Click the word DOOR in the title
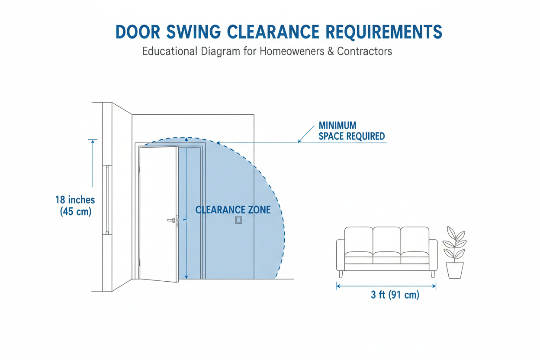tap(138, 32)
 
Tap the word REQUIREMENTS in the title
tap(384, 32)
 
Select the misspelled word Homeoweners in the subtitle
tap(292, 51)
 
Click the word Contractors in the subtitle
tap(364, 51)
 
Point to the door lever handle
tap(172, 220)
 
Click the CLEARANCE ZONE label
tap(233, 210)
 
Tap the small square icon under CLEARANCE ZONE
tap(238, 220)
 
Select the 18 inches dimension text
tap(75, 200)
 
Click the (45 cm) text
tap(76, 212)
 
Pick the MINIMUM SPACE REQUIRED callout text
tap(352, 131)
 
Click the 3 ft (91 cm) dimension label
tap(395, 295)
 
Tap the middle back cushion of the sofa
tap(387, 240)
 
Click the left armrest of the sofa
tap(341, 255)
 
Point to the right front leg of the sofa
tap(433, 274)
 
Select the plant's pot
tap(455, 270)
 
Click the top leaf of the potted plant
tap(451, 232)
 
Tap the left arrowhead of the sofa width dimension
tap(338, 286)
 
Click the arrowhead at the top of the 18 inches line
tap(93, 141)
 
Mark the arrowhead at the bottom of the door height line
tap(186, 277)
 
